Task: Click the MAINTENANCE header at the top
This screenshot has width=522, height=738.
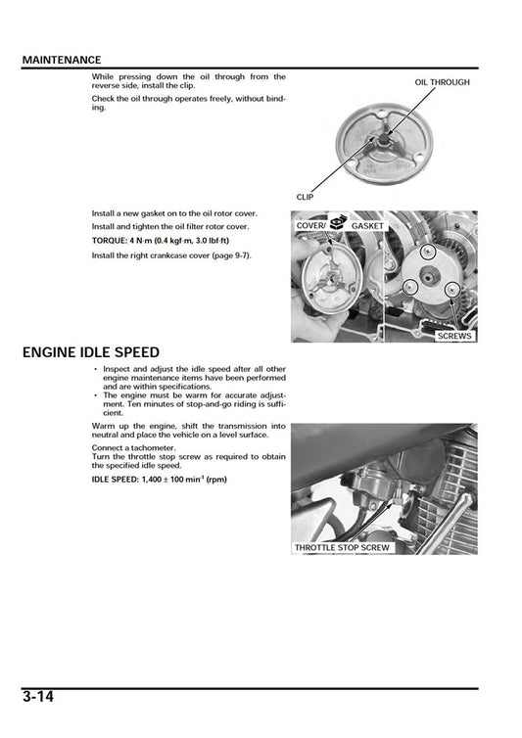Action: [61, 60]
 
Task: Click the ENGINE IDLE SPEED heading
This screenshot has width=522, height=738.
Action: [90, 352]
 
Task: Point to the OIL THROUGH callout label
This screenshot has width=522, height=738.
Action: [442, 82]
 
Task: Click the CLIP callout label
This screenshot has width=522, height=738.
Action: [305, 197]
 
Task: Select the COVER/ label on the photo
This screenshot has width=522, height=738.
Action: [312, 226]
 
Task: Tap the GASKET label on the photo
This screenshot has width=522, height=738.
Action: [365, 226]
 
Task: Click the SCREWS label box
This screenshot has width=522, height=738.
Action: [453, 335]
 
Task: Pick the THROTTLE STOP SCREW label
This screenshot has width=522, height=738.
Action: [342, 547]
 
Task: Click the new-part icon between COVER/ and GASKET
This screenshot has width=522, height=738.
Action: [339, 224]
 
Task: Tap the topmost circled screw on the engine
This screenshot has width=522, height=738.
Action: [427, 253]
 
